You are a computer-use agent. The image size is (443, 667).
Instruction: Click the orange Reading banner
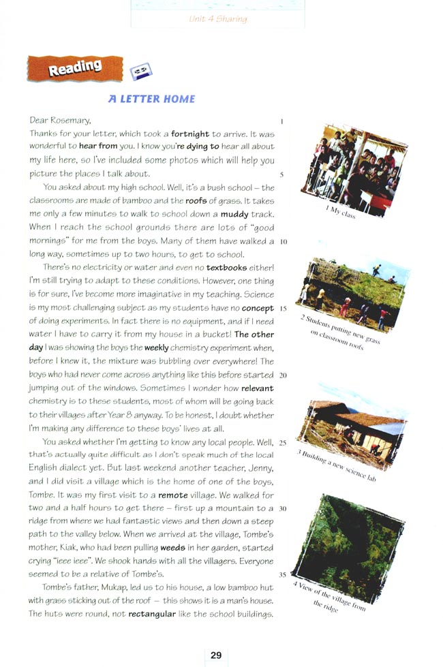coord(74,68)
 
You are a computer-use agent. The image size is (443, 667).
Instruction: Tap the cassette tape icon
coord(140,70)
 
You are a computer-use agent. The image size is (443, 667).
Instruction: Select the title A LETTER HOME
coord(151,99)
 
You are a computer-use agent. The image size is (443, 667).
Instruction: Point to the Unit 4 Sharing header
coord(218,19)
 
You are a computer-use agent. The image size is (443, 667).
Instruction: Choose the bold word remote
coord(172,495)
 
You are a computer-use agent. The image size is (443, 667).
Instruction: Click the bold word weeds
coord(172,547)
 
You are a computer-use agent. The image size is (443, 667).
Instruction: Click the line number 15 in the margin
coord(283,308)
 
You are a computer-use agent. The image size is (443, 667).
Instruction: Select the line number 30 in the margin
coord(283,508)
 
